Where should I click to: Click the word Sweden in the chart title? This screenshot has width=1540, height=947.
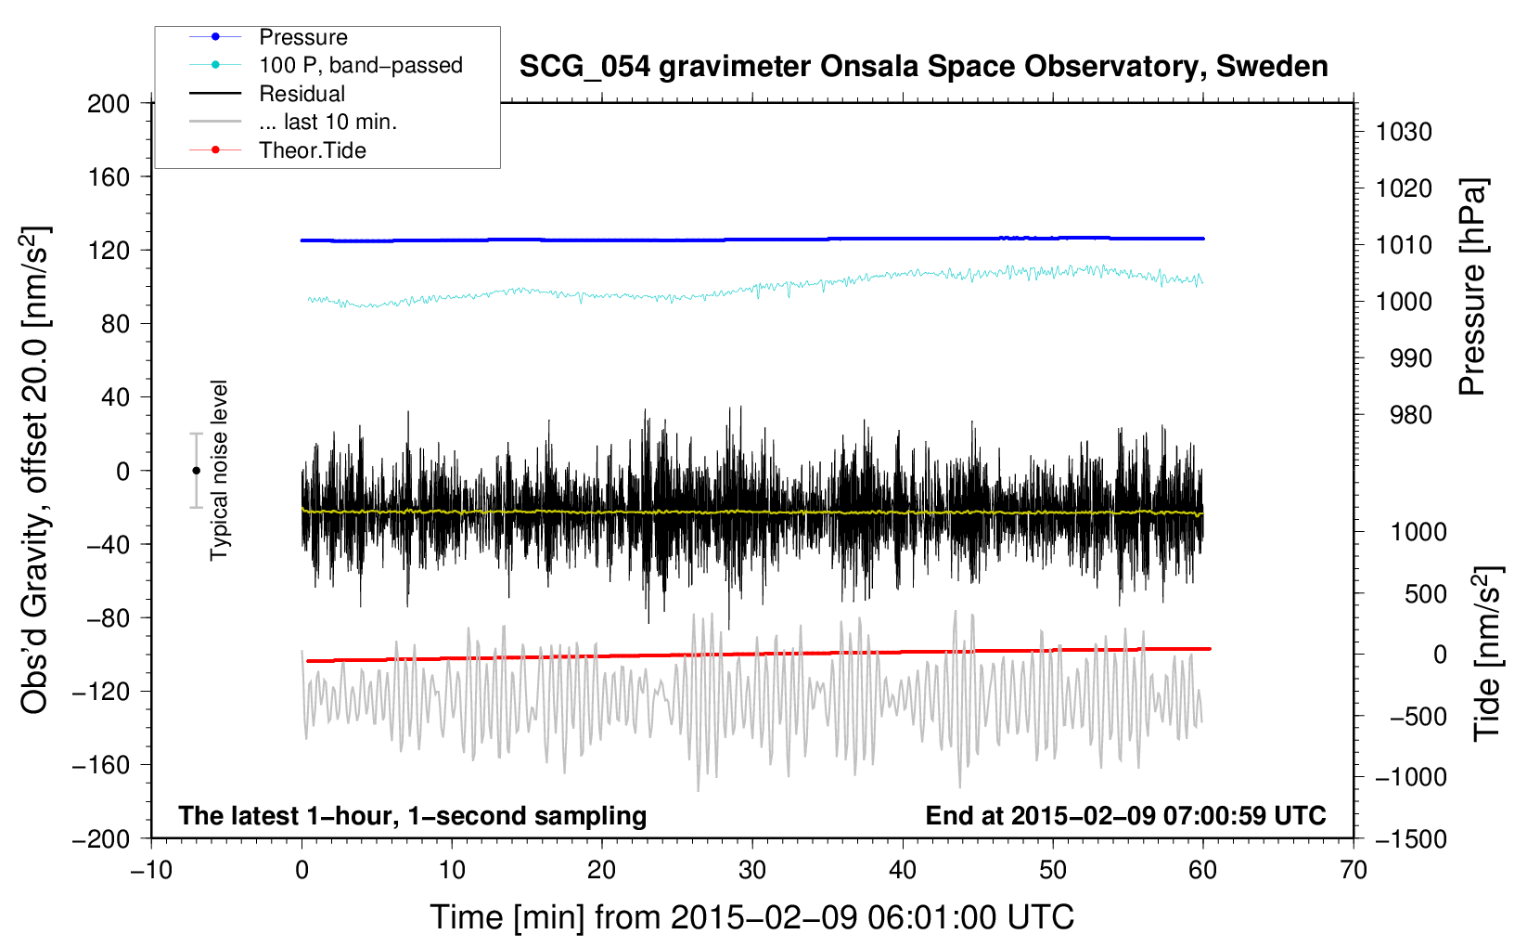coord(1272,66)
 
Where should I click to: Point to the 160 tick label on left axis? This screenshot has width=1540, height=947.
coord(109,177)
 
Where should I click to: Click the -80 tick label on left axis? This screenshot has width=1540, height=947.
coord(102,618)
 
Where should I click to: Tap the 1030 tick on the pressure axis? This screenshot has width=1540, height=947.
coord(1404,132)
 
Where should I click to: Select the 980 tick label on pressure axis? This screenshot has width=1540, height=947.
coord(1410,415)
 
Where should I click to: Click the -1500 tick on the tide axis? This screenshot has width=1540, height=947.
coord(1411,839)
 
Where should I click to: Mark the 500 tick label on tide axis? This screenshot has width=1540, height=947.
coord(1425,593)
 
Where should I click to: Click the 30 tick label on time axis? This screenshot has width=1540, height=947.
coord(752,870)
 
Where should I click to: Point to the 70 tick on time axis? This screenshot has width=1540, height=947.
coord(1353,870)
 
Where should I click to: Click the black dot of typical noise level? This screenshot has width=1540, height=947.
coord(196,471)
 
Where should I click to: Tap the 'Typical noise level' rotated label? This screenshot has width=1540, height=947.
coord(219,471)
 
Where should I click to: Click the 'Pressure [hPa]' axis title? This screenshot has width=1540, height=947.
coord(1472,288)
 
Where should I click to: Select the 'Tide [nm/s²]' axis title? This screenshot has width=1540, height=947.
coord(1487,654)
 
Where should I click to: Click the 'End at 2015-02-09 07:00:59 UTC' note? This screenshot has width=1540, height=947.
coord(1125,815)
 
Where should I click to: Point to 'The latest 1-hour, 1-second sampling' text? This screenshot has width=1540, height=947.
coord(413,816)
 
